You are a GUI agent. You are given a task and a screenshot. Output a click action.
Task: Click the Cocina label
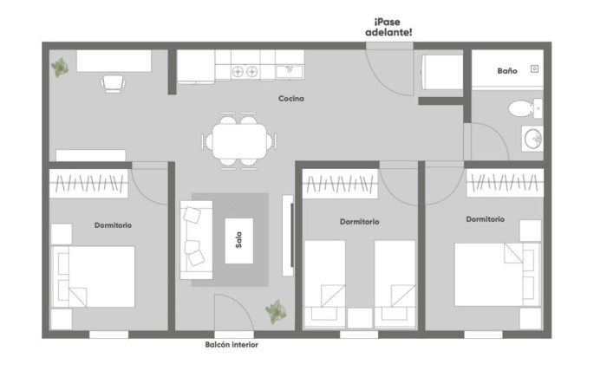tap(291, 99)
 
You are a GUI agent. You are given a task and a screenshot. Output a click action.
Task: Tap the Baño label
tap(507, 71)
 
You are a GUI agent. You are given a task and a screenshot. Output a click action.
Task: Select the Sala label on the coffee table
tap(238, 240)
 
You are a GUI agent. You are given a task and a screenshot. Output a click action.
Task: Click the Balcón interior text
tap(232, 344)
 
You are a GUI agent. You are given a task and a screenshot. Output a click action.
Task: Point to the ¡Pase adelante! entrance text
tap(388, 27)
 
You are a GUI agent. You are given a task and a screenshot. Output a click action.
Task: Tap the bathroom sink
tap(532, 138)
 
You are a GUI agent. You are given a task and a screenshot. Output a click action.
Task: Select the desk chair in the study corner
tap(113, 83)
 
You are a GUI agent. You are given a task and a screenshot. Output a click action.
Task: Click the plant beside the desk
tap(60, 68)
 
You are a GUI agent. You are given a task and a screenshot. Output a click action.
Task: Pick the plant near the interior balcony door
tap(276, 311)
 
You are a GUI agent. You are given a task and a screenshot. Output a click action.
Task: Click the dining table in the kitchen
tap(239, 141)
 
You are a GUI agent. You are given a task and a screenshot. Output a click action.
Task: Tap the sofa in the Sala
tap(196, 239)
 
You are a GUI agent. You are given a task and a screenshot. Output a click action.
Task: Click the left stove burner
tap(238, 72)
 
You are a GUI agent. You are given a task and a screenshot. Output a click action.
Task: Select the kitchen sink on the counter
tap(290, 71)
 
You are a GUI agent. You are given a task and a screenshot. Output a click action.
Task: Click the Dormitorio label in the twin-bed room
tap(359, 222)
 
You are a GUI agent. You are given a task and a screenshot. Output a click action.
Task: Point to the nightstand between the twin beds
tap(360, 318)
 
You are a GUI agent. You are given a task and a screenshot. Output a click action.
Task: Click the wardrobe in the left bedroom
tap(88, 184)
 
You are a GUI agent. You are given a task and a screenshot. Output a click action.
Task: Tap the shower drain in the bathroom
tap(535, 68)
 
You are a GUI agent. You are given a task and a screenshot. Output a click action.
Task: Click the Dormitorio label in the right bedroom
tap(485, 219)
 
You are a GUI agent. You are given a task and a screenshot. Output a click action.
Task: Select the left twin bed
tap(325, 285)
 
